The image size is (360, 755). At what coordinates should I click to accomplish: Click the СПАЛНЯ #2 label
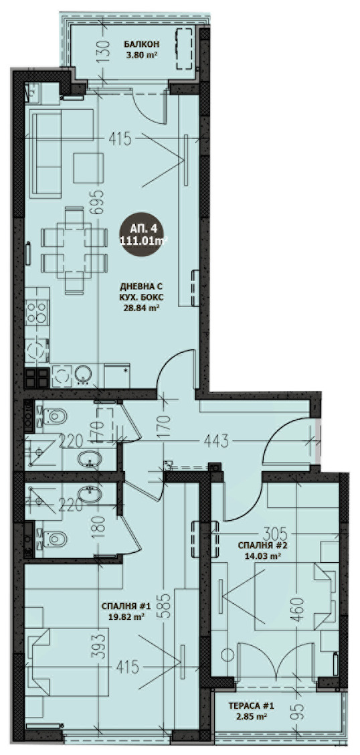pos(260,546)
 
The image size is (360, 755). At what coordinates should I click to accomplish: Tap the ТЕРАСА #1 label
pos(251,706)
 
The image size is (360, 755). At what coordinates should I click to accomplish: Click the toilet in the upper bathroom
pos(54,416)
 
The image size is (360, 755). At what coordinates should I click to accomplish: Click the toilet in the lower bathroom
pos(54,538)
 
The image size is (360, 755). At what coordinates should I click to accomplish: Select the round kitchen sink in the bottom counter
pos(83,375)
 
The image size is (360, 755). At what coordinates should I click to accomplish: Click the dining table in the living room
pos(74,250)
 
